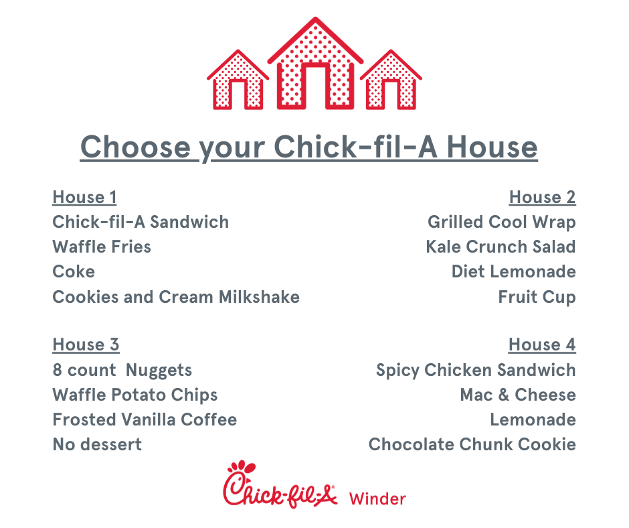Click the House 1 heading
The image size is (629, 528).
pyautogui.click(x=84, y=197)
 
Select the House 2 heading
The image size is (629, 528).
pyautogui.click(x=543, y=197)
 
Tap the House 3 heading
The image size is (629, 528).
pyautogui.click(x=86, y=345)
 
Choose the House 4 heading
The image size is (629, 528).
pyautogui.click(x=542, y=345)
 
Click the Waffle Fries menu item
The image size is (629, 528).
pyautogui.click(x=102, y=247)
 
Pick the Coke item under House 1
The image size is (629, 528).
pyautogui.click(x=74, y=271)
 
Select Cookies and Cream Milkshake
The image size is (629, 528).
pyautogui.click(x=176, y=297)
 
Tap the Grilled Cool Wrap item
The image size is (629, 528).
pyautogui.click(x=502, y=222)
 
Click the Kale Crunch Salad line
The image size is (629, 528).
pyautogui.click(x=501, y=247)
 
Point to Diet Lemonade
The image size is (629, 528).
pyautogui.click(x=514, y=271)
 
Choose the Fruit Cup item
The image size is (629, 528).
pyautogui.click(x=537, y=298)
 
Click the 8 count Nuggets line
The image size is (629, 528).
pyautogui.click(x=122, y=371)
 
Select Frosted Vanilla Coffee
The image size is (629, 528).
pyautogui.click(x=145, y=420)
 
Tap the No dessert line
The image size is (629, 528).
pyautogui.click(x=97, y=445)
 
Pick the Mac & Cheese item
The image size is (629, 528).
pyautogui.click(x=519, y=395)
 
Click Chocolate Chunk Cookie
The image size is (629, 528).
pyautogui.click(x=472, y=445)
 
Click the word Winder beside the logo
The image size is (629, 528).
pyautogui.click(x=377, y=499)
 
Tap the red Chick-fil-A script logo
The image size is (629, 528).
pyautogui.click(x=280, y=485)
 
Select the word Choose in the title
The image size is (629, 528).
pyautogui.click(x=136, y=147)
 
